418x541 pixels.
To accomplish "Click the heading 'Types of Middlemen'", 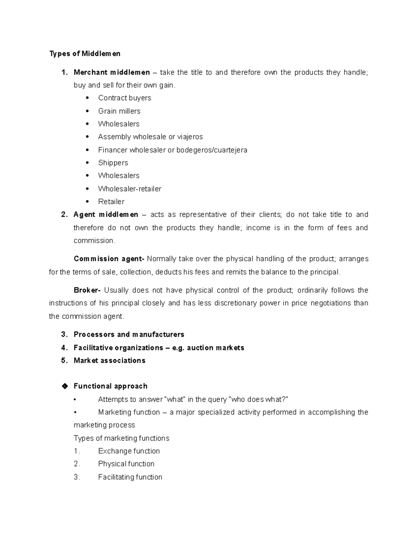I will click(85, 54).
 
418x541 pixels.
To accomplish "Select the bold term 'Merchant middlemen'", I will click(111, 72).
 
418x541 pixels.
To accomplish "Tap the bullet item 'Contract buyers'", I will click(124, 98).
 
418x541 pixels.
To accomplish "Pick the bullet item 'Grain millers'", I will click(119, 111).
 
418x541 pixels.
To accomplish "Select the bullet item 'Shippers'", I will click(113, 163).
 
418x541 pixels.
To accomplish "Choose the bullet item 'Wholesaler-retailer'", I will click(130, 189).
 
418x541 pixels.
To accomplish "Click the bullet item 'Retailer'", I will click(111, 202).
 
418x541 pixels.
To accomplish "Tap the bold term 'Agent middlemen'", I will click(106, 215).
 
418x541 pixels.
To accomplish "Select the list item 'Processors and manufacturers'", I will click(129, 334).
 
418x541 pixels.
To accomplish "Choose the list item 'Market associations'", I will click(109, 361).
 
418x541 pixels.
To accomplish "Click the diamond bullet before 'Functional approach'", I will click(64, 386).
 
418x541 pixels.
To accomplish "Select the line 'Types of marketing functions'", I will click(121, 438).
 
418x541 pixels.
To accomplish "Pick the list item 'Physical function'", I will click(126, 464).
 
